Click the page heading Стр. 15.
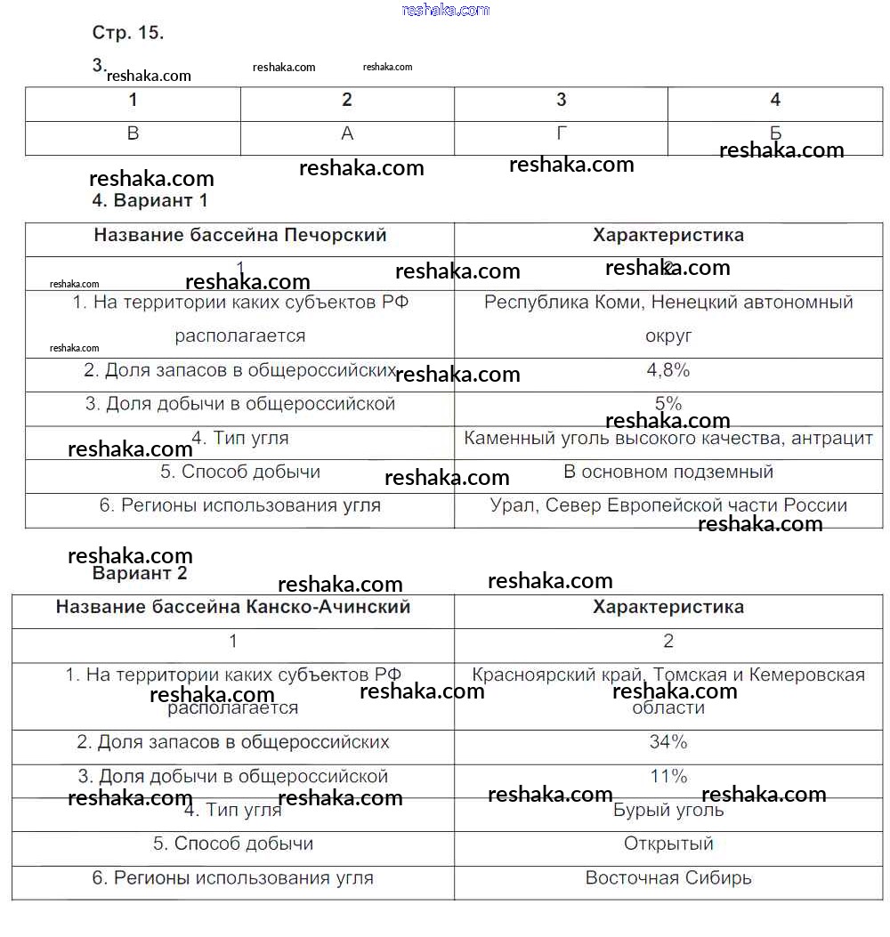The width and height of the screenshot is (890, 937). tap(128, 33)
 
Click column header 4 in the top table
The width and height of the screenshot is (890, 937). tap(775, 100)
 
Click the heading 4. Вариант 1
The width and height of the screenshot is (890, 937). tap(150, 200)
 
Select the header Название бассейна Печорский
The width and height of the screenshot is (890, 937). tap(240, 236)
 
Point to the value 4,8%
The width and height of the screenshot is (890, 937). tap(667, 370)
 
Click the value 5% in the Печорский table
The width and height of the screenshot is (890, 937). tap(667, 404)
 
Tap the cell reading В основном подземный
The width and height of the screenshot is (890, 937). tap(668, 472)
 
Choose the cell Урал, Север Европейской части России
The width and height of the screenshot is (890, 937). tap(668, 505)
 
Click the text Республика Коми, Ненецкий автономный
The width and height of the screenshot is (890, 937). tap(668, 303)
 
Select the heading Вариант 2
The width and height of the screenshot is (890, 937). tap(140, 573)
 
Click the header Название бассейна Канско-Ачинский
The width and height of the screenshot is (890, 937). tap(233, 607)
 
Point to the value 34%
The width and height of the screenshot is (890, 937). tap(668, 741)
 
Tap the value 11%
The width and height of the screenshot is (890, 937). tap(668, 776)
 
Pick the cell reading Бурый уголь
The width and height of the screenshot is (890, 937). tap(668, 810)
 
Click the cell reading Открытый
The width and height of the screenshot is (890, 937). tap(668, 844)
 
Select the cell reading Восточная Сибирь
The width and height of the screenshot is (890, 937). tap(668, 877)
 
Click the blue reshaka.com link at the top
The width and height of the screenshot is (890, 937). tap(446, 10)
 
